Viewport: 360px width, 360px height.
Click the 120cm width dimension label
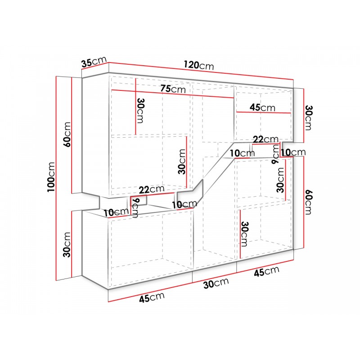click(198, 65)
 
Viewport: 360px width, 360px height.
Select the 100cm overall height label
click(51, 177)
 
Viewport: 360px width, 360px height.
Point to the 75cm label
click(173, 88)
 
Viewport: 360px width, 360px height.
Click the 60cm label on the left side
click(67, 135)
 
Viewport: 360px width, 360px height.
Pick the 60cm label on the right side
click(308, 202)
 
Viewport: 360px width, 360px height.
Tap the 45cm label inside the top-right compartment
click(262, 108)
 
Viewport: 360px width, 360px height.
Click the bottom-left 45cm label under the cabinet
click(152, 297)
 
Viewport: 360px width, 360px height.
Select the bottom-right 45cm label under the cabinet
click(266, 272)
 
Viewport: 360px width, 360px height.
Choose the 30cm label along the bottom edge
click(216, 283)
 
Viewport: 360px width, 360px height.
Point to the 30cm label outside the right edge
click(308, 118)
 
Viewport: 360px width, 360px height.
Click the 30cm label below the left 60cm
click(67, 245)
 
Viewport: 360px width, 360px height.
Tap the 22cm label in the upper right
click(265, 139)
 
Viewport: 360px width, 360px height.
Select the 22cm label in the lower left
click(152, 189)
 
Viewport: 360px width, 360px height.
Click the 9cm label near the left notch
click(135, 208)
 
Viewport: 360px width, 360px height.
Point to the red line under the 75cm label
click(172, 94)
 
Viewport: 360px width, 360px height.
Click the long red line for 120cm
click(201, 71)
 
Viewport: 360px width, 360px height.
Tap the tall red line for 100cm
click(56, 178)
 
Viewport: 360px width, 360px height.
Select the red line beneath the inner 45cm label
click(264, 112)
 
